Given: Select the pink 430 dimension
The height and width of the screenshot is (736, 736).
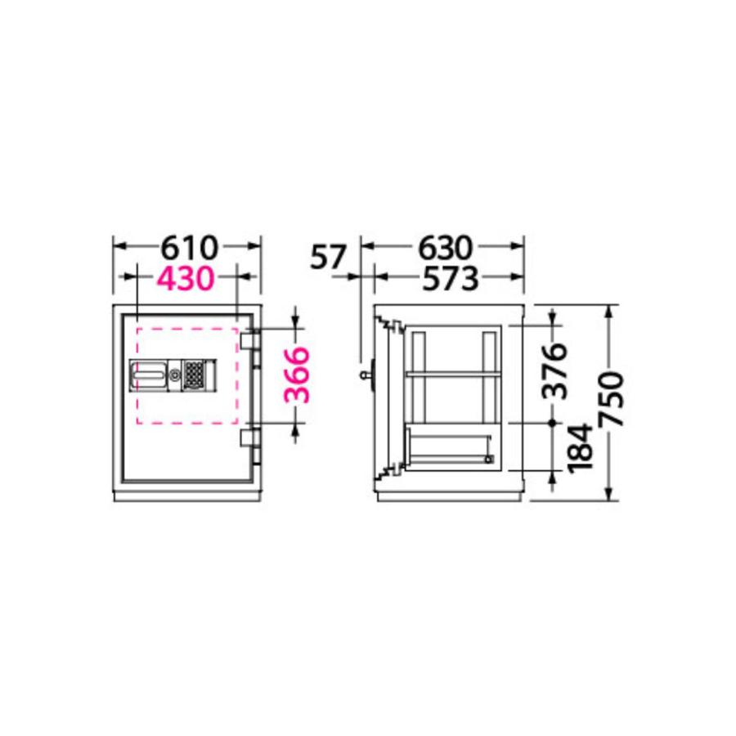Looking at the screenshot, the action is pos(186,278).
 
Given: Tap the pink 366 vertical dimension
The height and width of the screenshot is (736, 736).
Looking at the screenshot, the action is pos(298,375).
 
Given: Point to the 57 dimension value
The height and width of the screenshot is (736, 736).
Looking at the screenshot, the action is pos(328,257).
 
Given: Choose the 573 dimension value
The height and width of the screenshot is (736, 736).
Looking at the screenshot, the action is pos(450,278).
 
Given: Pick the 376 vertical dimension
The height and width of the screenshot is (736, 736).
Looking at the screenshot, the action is pos(554,370).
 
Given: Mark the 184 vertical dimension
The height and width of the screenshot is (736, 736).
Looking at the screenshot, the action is pos(580,447).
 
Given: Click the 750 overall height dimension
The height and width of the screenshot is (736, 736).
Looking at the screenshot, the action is pos(611,399).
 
